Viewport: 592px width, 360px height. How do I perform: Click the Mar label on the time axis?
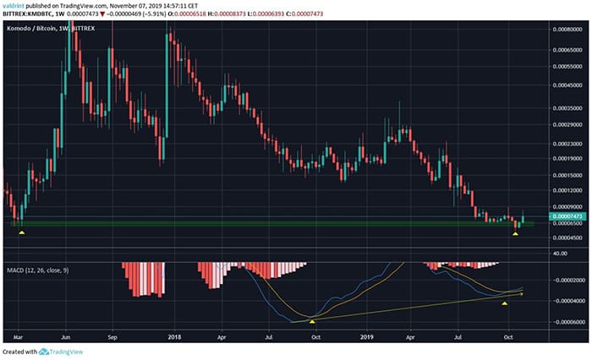18,335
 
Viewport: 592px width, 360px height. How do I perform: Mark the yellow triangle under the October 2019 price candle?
516,232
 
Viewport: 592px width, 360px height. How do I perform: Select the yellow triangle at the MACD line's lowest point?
312,322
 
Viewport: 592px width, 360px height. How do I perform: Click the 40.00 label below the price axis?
560,252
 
